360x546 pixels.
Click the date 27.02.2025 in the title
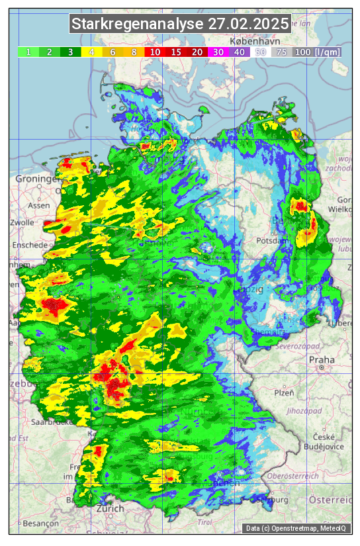click(x=248, y=24)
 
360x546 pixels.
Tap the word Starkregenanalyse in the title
click(x=138, y=24)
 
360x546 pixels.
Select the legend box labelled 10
click(x=155, y=52)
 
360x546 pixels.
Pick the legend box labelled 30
click(x=218, y=52)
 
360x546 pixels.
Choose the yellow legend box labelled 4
click(x=91, y=52)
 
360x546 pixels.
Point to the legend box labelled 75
click(x=281, y=52)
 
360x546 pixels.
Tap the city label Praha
click(x=322, y=359)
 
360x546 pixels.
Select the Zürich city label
click(x=109, y=508)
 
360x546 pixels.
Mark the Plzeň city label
click(x=284, y=392)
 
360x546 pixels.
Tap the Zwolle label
click(x=22, y=222)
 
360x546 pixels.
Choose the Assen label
click(x=39, y=205)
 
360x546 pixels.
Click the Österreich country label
click(x=331, y=500)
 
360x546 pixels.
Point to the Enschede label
click(x=28, y=244)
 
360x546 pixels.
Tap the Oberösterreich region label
click(x=293, y=476)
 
